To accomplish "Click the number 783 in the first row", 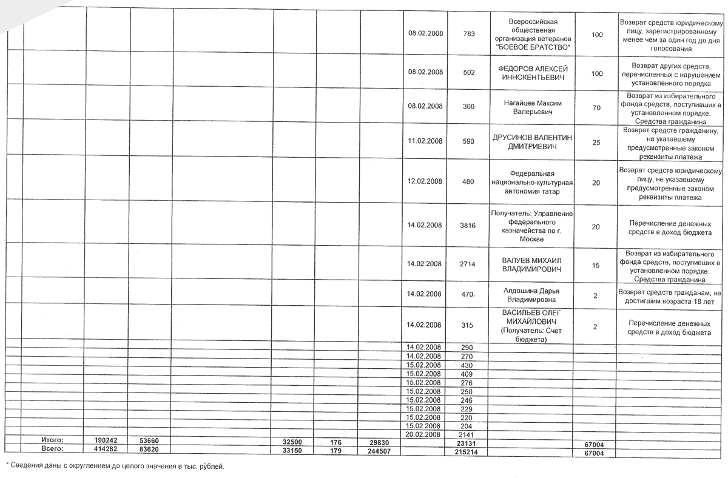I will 468,34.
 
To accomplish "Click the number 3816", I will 468,226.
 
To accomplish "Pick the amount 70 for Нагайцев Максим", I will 596,107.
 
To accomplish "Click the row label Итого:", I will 52,439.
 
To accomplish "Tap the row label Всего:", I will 52,448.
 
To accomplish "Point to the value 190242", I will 107,439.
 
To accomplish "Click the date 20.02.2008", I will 423,434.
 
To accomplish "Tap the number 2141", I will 467,434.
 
